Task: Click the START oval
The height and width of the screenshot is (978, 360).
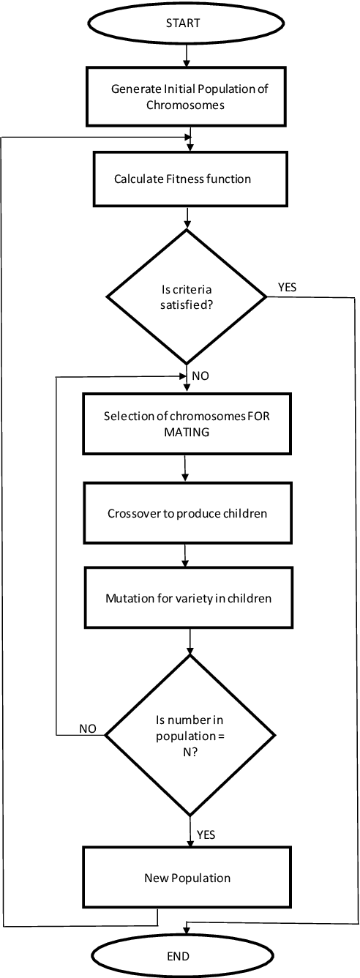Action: tap(187, 23)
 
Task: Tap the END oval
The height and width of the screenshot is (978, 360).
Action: tap(178, 956)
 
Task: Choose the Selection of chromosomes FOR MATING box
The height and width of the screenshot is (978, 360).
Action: tap(187, 425)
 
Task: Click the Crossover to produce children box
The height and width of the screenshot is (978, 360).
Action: tap(187, 513)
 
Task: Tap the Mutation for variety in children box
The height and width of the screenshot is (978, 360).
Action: tap(188, 598)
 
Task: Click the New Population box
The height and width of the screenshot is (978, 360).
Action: tap(187, 878)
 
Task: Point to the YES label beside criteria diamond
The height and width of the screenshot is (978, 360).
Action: tap(288, 288)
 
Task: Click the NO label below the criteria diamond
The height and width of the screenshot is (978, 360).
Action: tap(200, 376)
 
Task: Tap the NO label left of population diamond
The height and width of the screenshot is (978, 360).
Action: tap(88, 728)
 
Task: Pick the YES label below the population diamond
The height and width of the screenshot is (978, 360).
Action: tap(206, 834)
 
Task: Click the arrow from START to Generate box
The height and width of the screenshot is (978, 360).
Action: tap(187, 56)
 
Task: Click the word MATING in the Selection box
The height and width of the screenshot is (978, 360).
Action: tap(186, 432)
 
